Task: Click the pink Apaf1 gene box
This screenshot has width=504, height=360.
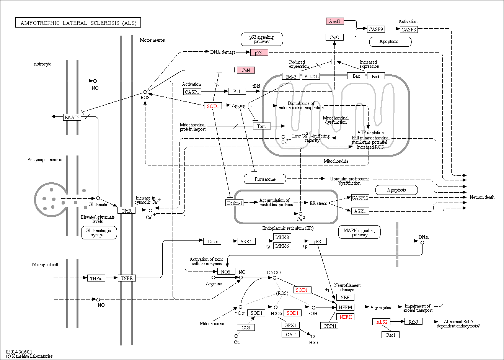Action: pyautogui.click(x=335, y=21)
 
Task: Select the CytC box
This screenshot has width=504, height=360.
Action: pyautogui.click(x=334, y=37)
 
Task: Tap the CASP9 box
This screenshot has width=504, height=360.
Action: pyautogui.click(x=376, y=29)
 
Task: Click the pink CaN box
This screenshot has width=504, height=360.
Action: pyautogui.click(x=246, y=70)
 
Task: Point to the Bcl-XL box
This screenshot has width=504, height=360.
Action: pyautogui.click(x=311, y=76)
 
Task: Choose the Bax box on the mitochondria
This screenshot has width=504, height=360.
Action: pyautogui.click(x=356, y=76)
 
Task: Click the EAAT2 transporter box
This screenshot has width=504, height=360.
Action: pyautogui.click(x=72, y=117)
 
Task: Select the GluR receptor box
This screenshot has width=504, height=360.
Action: pyautogui.click(x=126, y=211)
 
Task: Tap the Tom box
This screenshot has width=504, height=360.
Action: pyautogui.click(x=262, y=126)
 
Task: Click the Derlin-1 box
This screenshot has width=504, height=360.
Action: pyautogui.click(x=234, y=203)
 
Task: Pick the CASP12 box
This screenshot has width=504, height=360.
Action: pyautogui.click(x=360, y=198)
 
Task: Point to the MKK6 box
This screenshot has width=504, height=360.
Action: pyautogui.click(x=282, y=246)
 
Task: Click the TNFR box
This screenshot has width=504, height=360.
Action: pyautogui.click(x=127, y=278)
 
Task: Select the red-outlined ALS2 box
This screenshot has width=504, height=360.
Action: pyautogui.click(x=382, y=322)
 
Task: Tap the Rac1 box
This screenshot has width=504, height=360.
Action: pyautogui.click(x=391, y=335)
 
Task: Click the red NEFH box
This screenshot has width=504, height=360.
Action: pyautogui.click(x=346, y=317)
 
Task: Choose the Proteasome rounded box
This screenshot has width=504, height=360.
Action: pyautogui.click(x=265, y=179)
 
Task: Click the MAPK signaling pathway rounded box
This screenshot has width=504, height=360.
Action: pyautogui.click(x=359, y=232)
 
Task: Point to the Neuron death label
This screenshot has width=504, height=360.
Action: pyautogui.click(x=482, y=197)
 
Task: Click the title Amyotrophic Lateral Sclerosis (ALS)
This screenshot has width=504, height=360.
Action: pyautogui.click(x=78, y=23)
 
